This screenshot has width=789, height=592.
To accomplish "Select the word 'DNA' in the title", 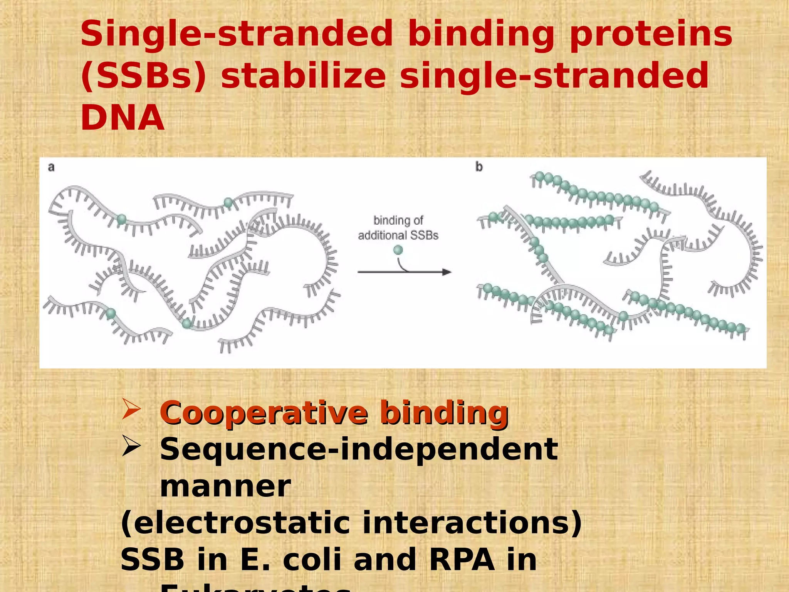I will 123,118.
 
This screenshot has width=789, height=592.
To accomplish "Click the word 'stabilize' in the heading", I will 303,76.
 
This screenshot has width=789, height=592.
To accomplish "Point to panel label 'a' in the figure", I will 51,167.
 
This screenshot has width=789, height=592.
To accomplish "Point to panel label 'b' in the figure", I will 479,167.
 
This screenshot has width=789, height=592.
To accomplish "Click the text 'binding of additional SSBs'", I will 398,228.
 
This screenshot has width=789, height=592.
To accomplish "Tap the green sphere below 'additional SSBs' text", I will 398,250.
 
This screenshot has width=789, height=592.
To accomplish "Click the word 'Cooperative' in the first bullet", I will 264,413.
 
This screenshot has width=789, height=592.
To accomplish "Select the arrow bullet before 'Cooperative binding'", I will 131,409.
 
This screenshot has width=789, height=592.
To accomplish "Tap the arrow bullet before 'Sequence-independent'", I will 131,447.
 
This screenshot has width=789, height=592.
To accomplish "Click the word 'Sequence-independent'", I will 358,450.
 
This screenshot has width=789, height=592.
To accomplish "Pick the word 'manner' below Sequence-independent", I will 225,487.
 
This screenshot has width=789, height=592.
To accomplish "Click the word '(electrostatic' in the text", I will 235,523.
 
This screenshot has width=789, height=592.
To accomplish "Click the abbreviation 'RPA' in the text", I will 461,560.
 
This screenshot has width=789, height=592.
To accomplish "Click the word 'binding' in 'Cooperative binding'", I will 444,413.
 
